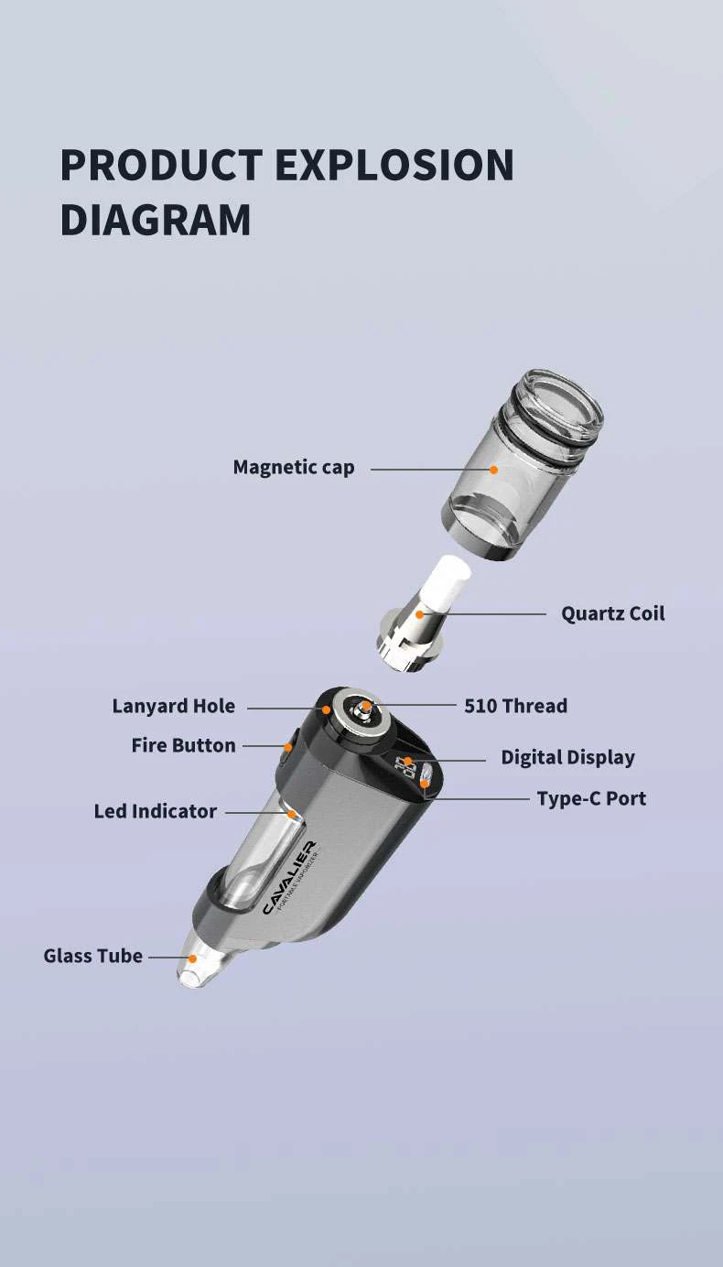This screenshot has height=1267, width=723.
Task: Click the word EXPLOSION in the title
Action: (394, 165)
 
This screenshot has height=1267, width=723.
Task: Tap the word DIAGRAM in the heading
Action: (156, 221)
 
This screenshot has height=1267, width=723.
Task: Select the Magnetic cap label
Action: (293, 468)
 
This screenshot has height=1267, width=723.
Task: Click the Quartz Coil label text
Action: (612, 613)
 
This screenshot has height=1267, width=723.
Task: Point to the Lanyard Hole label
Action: (173, 706)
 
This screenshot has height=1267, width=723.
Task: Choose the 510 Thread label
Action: (515, 706)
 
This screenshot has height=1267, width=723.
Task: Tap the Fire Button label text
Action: (183, 745)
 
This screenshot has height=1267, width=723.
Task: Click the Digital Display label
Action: (567, 757)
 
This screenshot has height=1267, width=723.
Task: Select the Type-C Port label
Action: (591, 798)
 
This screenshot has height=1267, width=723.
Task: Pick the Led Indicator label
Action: (155, 811)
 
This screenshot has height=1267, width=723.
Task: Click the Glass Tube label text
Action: (92, 956)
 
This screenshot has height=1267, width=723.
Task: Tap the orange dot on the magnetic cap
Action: (493, 469)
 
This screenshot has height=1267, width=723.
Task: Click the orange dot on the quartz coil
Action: (420, 613)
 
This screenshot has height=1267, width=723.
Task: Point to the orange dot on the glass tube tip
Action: (192, 958)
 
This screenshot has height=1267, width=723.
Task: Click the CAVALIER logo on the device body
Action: (288, 877)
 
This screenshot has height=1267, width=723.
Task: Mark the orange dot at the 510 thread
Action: (365, 706)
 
